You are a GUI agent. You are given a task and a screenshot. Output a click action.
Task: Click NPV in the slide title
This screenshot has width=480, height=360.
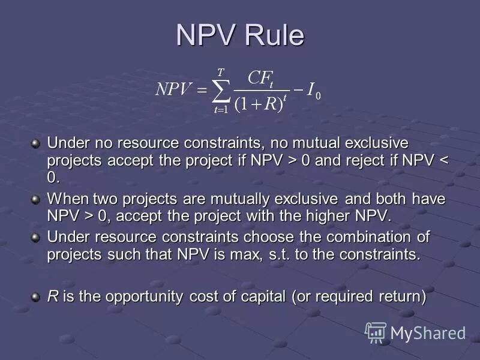click(206, 36)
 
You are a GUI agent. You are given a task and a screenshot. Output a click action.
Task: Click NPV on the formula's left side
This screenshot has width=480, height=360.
click(173, 90)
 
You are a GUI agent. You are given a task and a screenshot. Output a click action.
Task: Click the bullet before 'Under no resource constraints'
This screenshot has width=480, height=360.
click(36, 143)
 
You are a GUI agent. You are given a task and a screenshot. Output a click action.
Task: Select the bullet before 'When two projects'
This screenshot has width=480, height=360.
click(36, 199)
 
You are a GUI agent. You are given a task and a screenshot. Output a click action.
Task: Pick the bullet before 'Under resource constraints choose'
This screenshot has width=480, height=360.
click(36, 236)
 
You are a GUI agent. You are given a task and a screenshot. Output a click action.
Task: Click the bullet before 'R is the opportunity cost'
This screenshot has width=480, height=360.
click(36, 295)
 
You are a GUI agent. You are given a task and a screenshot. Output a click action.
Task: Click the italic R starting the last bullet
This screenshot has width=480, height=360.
click(52, 296)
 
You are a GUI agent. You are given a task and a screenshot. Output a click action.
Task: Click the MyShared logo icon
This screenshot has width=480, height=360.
click(376, 332)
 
